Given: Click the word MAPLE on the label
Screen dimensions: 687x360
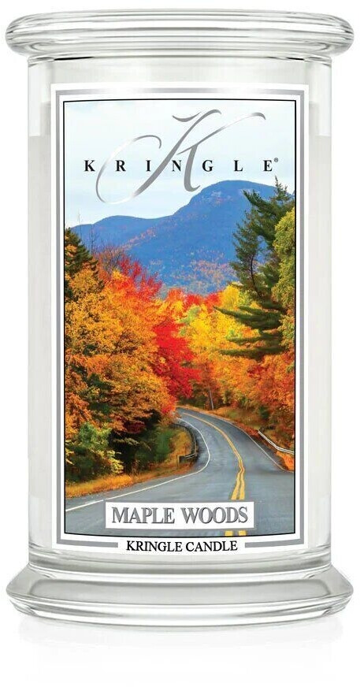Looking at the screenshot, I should click(139, 516).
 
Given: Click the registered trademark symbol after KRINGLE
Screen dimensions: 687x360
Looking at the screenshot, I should click(276, 162).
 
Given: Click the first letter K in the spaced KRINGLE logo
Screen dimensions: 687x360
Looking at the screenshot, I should click(86, 165).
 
